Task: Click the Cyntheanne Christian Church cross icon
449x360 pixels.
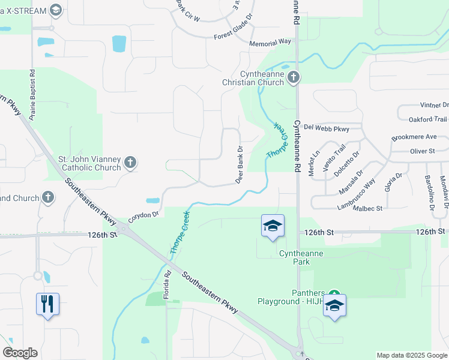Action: point(294,77)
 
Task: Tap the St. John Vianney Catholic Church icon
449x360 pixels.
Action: point(131,162)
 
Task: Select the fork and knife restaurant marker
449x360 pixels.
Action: point(47,304)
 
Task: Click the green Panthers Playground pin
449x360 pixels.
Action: point(334,296)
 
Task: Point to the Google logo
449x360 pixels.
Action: point(20,353)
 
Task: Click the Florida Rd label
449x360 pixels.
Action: point(168,284)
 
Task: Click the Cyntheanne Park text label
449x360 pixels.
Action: point(301,253)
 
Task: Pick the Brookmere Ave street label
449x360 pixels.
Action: point(414,137)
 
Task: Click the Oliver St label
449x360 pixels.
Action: point(422,151)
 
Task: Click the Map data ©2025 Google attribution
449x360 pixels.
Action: point(411,355)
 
